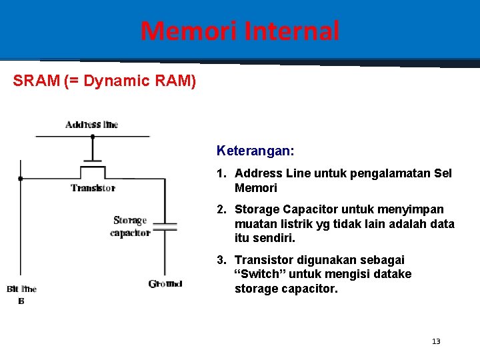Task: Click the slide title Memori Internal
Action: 240,31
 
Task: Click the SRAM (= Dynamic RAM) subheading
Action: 105,81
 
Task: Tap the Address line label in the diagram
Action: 92,125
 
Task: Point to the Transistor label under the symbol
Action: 93,188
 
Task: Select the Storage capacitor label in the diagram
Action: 131,227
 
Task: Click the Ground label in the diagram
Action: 165,284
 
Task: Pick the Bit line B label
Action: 21,294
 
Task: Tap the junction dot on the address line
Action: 93,137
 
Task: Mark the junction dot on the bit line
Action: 21,179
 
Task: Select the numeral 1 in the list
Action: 220,173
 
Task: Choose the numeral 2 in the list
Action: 220,209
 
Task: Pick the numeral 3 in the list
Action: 220,260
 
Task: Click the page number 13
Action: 436,341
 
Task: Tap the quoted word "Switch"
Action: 256,275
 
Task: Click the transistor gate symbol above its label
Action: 93,164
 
